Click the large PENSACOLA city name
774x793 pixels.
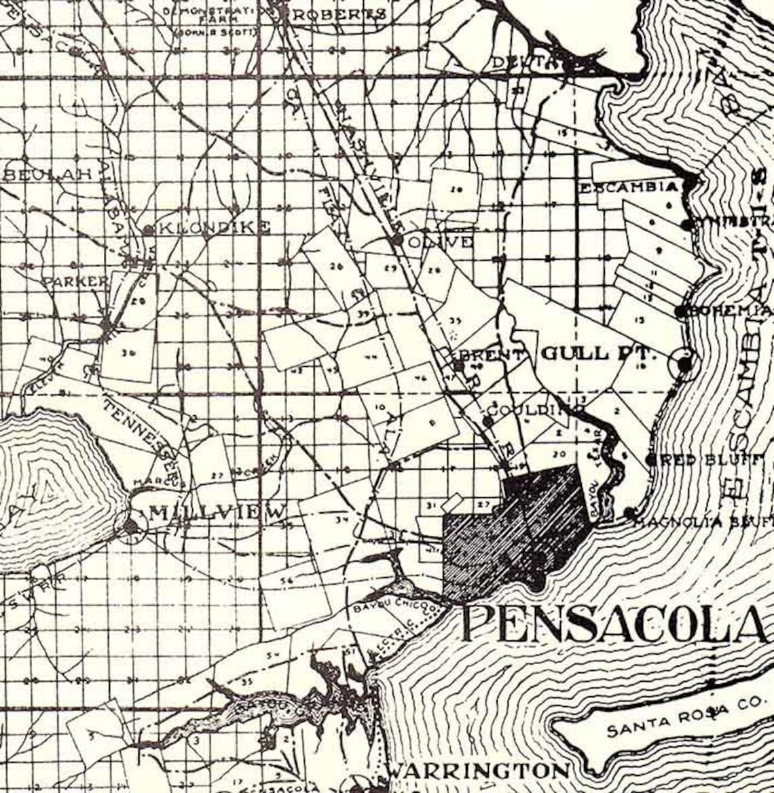click(614, 625)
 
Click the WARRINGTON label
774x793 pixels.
click(477, 771)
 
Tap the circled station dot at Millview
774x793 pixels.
click(131, 526)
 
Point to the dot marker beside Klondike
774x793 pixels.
click(148, 231)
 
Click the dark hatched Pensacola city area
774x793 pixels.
click(516, 529)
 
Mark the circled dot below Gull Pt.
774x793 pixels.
click(684, 364)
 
